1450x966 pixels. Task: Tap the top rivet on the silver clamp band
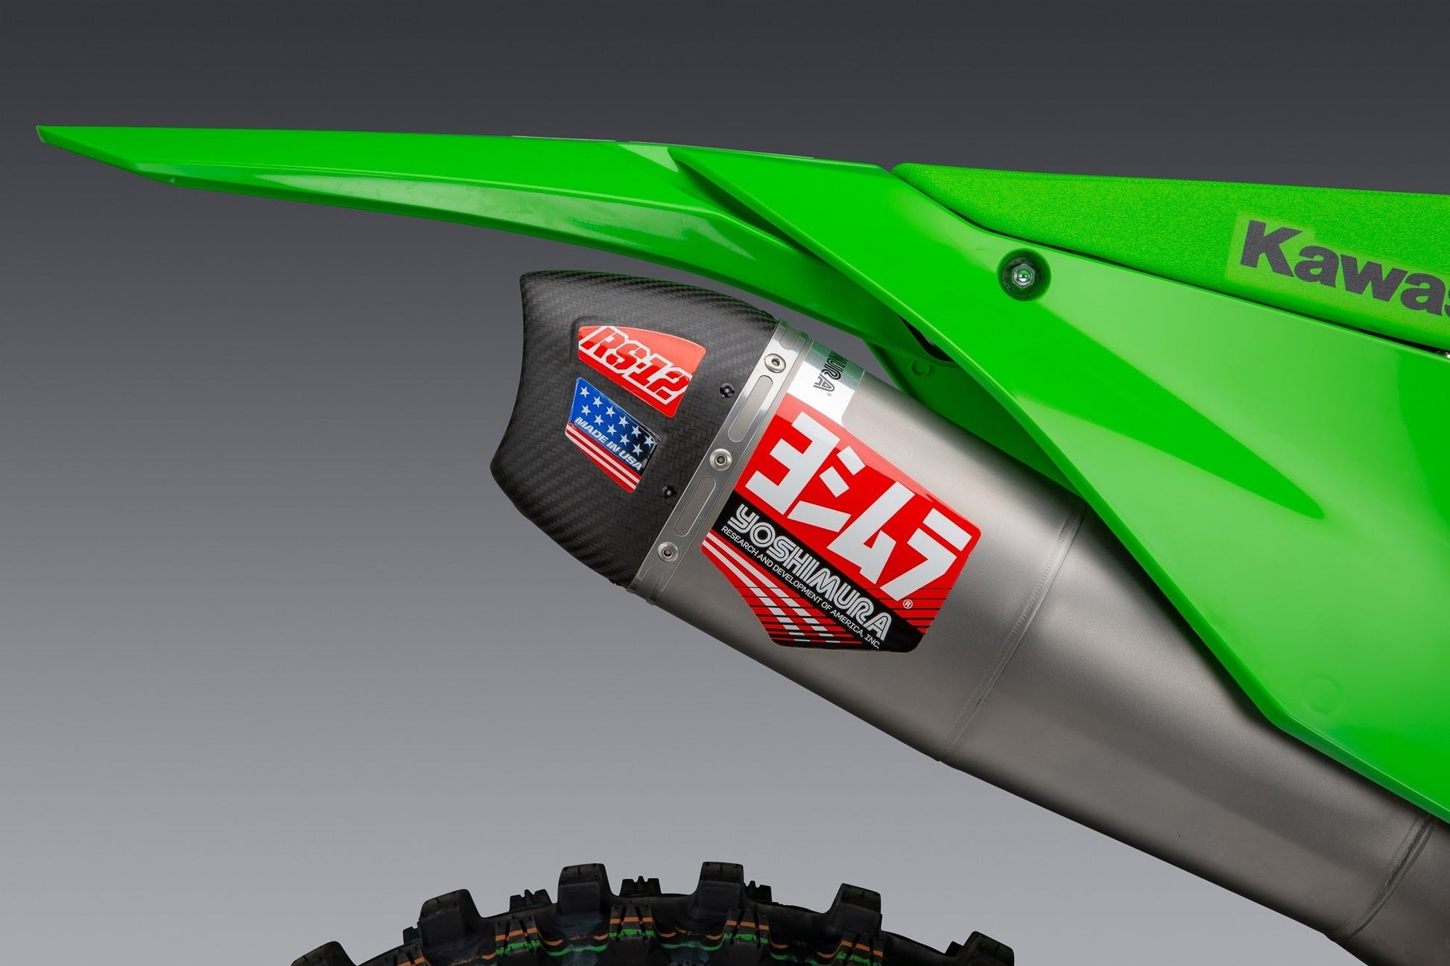coord(777,363)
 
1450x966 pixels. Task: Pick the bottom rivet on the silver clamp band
coord(666,551)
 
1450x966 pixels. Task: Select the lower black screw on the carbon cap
coord(668,492)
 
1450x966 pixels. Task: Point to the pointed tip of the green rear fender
coord(42,132)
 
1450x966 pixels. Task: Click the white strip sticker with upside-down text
coord(824,372)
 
